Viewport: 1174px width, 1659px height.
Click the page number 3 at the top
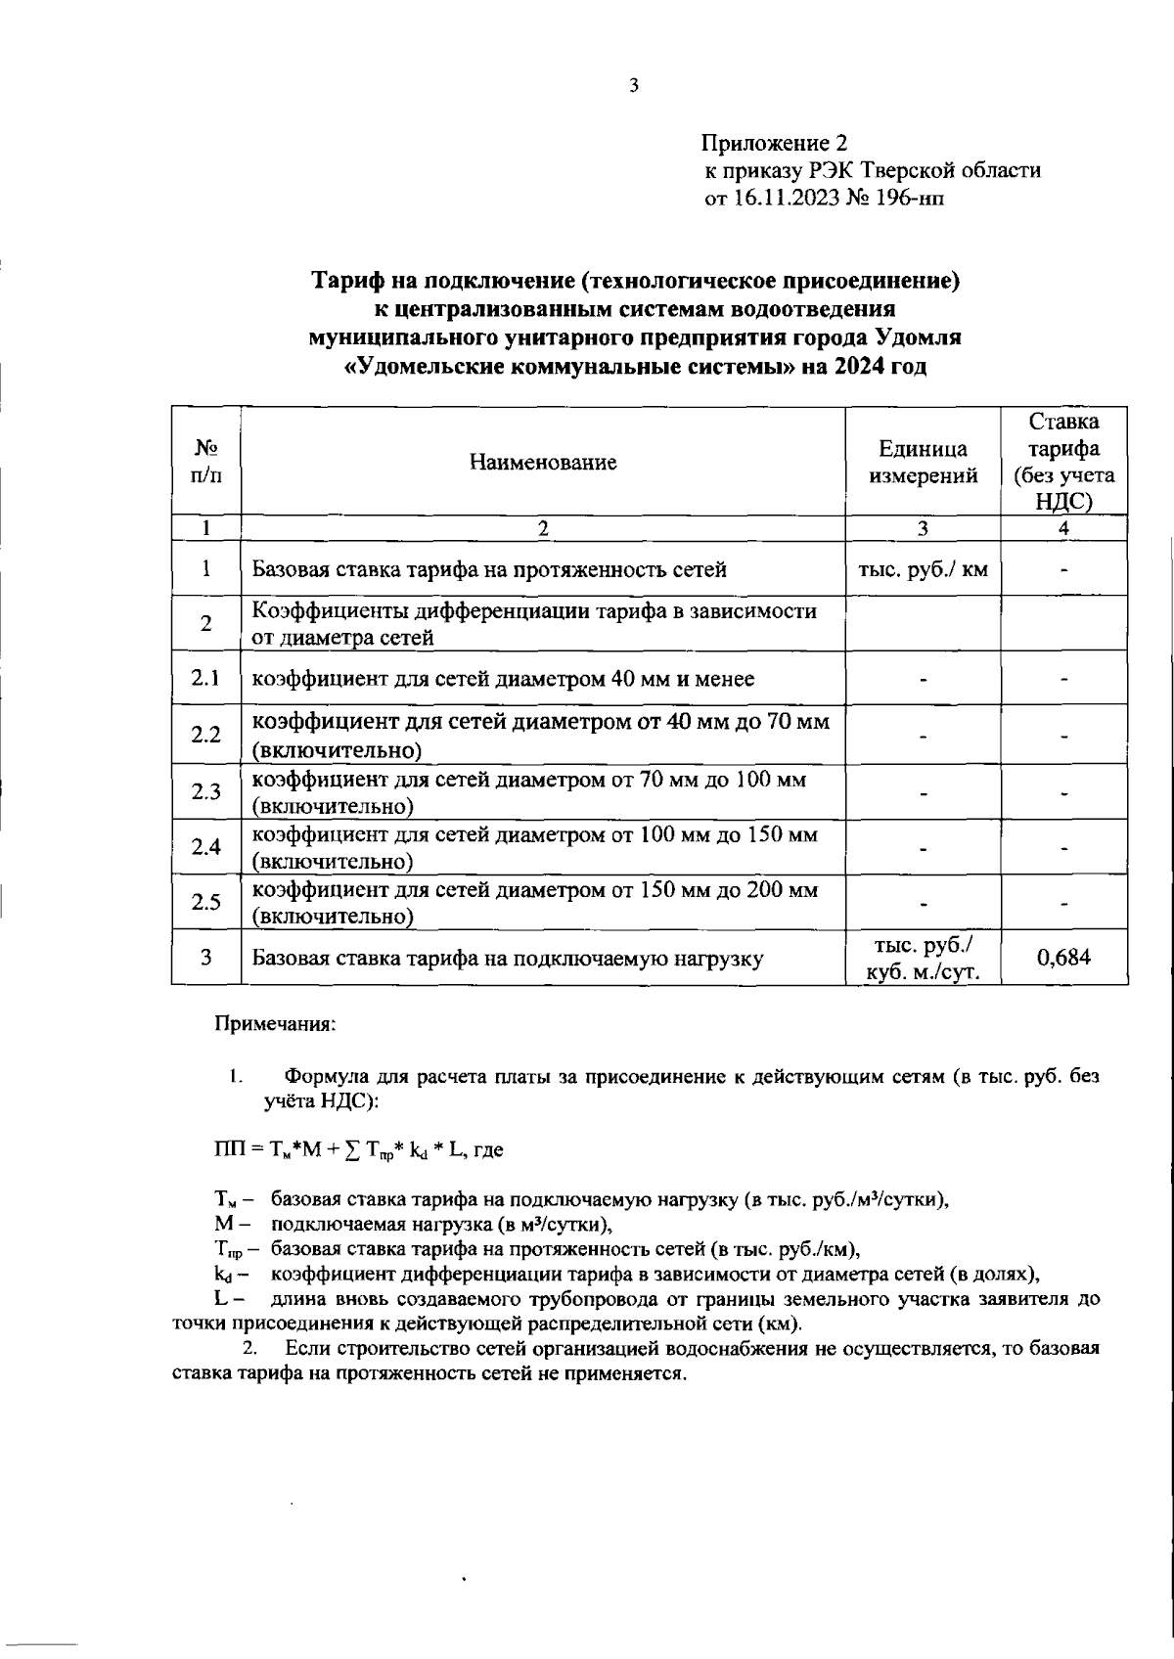click(x=633, y=86)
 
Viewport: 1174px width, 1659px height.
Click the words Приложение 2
click(x=773, y=143)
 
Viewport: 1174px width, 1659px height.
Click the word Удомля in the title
click(x=919, y=338)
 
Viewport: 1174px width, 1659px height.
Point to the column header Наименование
click(x=543, y=463)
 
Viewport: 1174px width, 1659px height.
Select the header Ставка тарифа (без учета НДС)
click(x=1063, y=462)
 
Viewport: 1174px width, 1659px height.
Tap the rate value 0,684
click(x=1063, y=958)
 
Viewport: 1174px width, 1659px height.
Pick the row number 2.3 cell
click(x=206, y=792)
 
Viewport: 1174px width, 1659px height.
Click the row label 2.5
click(x=206, y=902)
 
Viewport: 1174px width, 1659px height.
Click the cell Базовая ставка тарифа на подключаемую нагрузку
click(x=507, y=959)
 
